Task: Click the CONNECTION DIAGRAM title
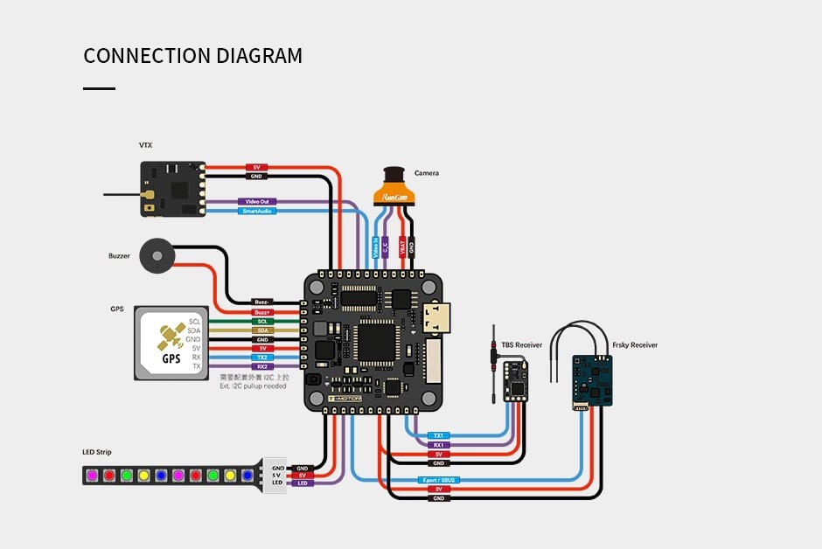pyautogui.click(x=192, y=56)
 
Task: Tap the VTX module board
pyautogui.click(x=172, y=189)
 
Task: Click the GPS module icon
pyautogui.click(x=171, y=343)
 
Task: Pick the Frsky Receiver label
pyautogui.click(x=634, y=345)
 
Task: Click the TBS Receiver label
pyautogui.click(x=521, y=345)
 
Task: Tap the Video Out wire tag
pyautogui.click(x=257, y=201)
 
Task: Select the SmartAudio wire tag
pyautogui.click(x=257, y=212)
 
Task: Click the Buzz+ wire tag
pyautogui.click(x=261, y=312)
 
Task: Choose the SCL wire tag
pyautogui.click(x=261, y=322)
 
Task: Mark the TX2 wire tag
pyautogui.click(x=261, y=358)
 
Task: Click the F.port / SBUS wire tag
pyautogui.click(x=438, y=480)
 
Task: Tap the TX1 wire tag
pyautogui.click(x=439, y=435)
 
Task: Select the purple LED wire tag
pyautogui.click(x=303, y=483)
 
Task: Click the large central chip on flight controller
pyautogui.click(x=377, y=341)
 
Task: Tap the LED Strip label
pyautogui.click(x=97, y=452)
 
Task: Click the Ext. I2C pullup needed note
pyautogui.click(x=254, y=385)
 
